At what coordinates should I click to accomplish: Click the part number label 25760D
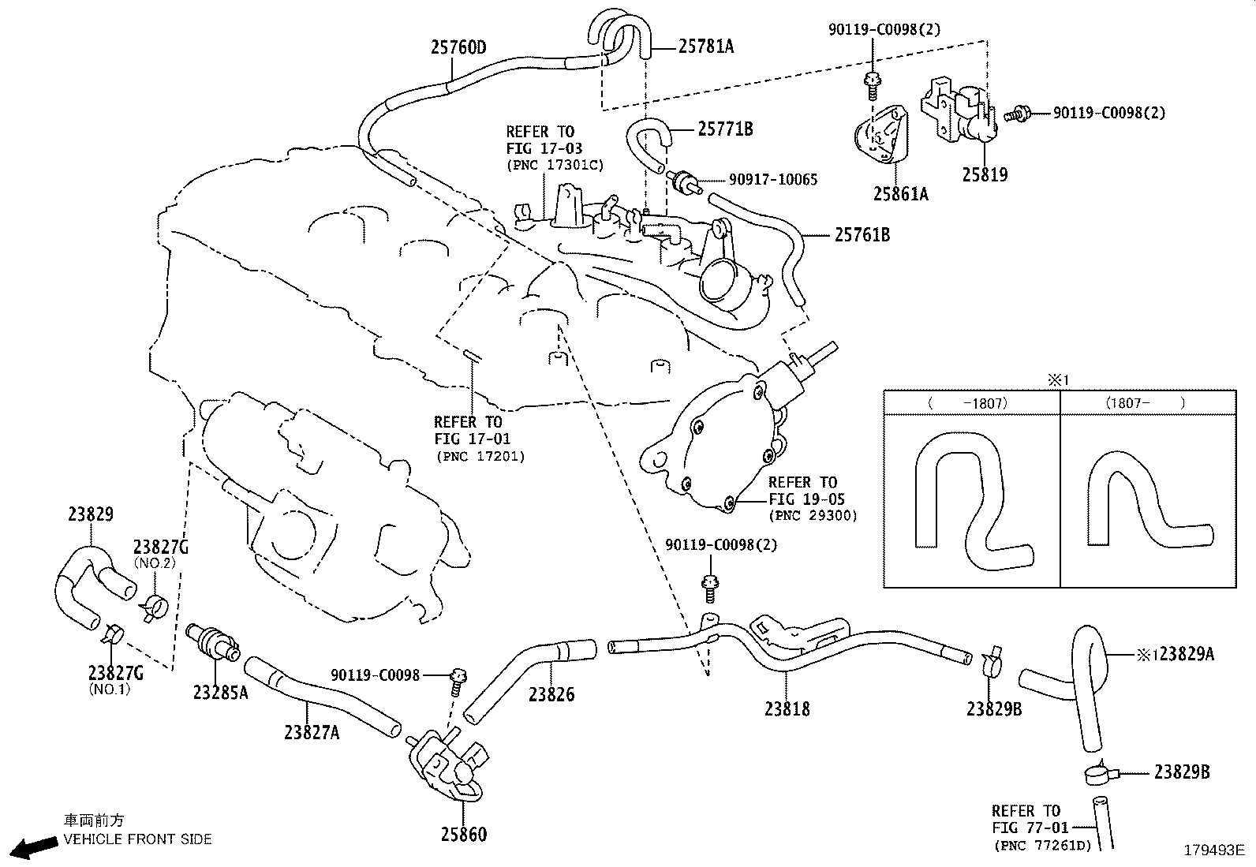tap(458, 47)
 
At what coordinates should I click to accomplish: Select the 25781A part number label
tap(706, 46)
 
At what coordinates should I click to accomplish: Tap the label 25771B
tap(726, 129)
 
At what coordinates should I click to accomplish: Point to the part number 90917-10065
tap(773, 179)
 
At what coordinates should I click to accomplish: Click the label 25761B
tap(862, 234)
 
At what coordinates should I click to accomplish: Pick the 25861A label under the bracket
tap(900, 193)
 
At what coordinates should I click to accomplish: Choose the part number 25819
tap(985, 174)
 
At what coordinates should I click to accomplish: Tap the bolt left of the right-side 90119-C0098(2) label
tap(1017, 115)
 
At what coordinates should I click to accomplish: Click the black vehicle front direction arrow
tap(35, 846)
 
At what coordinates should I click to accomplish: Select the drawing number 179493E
tap(1214, 850)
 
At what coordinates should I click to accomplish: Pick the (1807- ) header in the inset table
tap(1145, 402)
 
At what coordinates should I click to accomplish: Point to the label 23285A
tap(220, 693)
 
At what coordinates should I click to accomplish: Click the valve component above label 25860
tap(447, 764)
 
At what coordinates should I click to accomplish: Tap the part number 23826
tap(551, 694)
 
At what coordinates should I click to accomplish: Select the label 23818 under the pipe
tap(787, 709)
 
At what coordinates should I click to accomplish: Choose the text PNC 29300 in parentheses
tap(813, 515)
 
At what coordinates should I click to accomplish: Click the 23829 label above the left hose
tap(90, 514)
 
